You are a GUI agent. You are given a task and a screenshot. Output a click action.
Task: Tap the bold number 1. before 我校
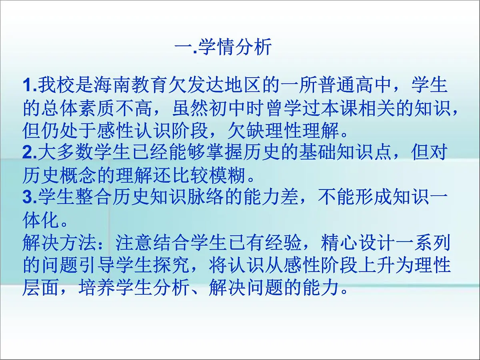pos(30,86)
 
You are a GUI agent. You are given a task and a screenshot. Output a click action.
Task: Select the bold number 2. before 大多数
pos(30,152)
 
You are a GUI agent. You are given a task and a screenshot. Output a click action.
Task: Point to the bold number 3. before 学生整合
pos(30,197)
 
